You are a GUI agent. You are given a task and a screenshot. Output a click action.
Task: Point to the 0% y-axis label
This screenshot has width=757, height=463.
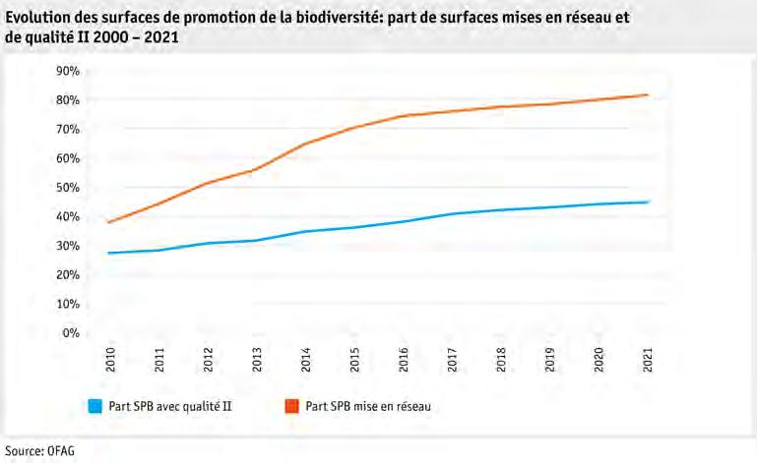(70, 333)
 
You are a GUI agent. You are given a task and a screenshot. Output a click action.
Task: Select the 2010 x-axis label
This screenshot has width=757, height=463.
(109, 360)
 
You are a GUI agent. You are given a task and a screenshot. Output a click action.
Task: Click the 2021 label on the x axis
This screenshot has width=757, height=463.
(646, 360)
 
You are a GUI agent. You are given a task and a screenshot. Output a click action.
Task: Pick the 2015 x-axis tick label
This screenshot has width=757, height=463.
(353, 360)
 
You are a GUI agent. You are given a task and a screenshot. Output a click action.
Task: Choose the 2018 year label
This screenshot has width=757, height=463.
(500, 360)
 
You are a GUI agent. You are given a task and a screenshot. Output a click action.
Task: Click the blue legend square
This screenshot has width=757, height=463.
(95, 404)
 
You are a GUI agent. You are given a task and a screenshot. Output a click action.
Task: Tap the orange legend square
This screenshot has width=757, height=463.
(292, 404)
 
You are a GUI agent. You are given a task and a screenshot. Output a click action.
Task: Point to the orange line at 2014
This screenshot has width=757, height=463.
(304, 144)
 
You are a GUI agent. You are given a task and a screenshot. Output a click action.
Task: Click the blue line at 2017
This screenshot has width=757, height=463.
(451, 213)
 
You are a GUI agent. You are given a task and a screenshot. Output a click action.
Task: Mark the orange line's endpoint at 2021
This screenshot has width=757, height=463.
(646, 95)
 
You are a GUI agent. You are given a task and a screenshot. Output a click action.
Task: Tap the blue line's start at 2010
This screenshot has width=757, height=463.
(109, 253)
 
